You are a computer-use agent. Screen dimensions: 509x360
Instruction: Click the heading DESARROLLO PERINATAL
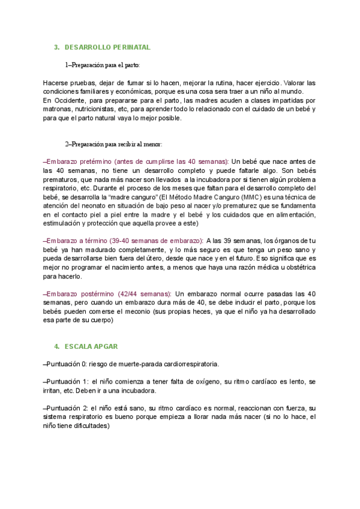(x=107, y=47)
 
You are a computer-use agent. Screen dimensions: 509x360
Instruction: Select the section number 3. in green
(x=56, y=47)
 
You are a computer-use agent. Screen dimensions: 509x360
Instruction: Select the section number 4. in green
(x=56, y=346)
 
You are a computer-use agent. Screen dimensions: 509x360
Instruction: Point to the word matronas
(x=58, y=109)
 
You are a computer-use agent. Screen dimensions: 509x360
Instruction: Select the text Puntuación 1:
(x=68, y=382)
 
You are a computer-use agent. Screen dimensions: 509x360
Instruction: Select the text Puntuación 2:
(x=68, y=408)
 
